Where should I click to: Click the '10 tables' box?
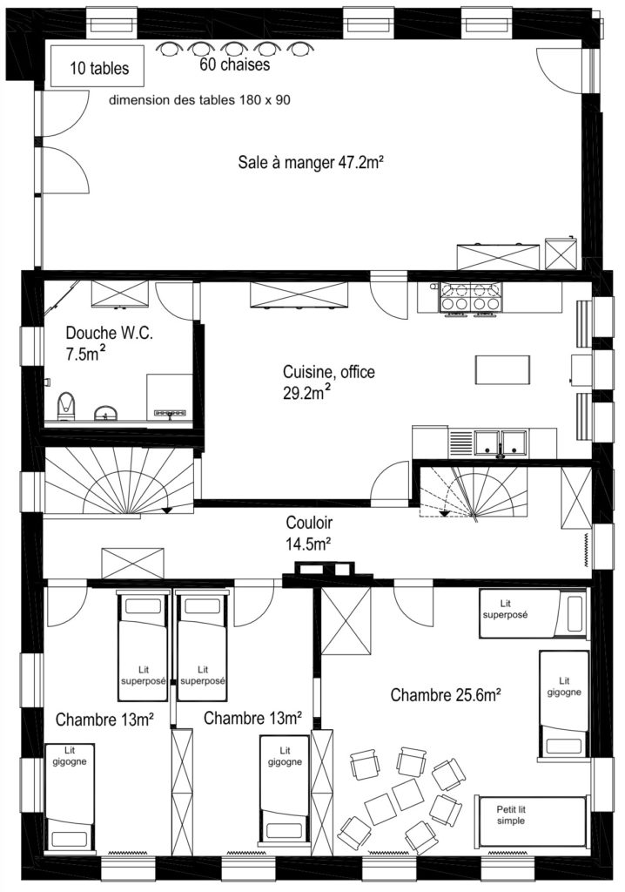97,66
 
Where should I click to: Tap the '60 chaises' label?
234,64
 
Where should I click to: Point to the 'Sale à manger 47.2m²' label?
309,163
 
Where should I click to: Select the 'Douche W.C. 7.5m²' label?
109,343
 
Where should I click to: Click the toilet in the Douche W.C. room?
66,406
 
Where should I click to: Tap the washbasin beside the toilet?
106,413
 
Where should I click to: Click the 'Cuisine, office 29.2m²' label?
329,382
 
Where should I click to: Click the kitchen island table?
503,369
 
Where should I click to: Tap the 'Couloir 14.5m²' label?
309,533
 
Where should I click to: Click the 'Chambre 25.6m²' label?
446,694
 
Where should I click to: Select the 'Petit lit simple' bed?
531,821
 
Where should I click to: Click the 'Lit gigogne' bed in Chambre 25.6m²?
563,705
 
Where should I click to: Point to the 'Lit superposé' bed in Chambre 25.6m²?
533,613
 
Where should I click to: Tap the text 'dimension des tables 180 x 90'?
199,100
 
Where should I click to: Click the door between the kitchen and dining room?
388,298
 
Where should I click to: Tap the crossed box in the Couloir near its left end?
132,564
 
